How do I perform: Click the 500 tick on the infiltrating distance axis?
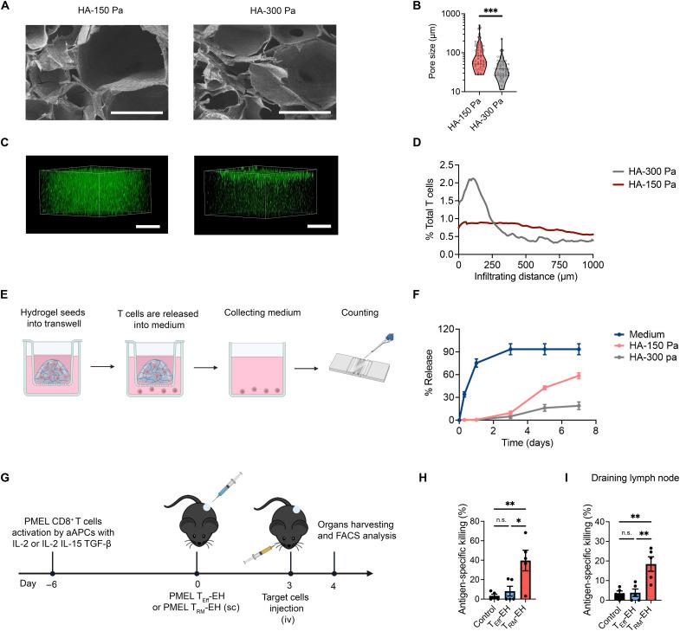click(529, 267)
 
